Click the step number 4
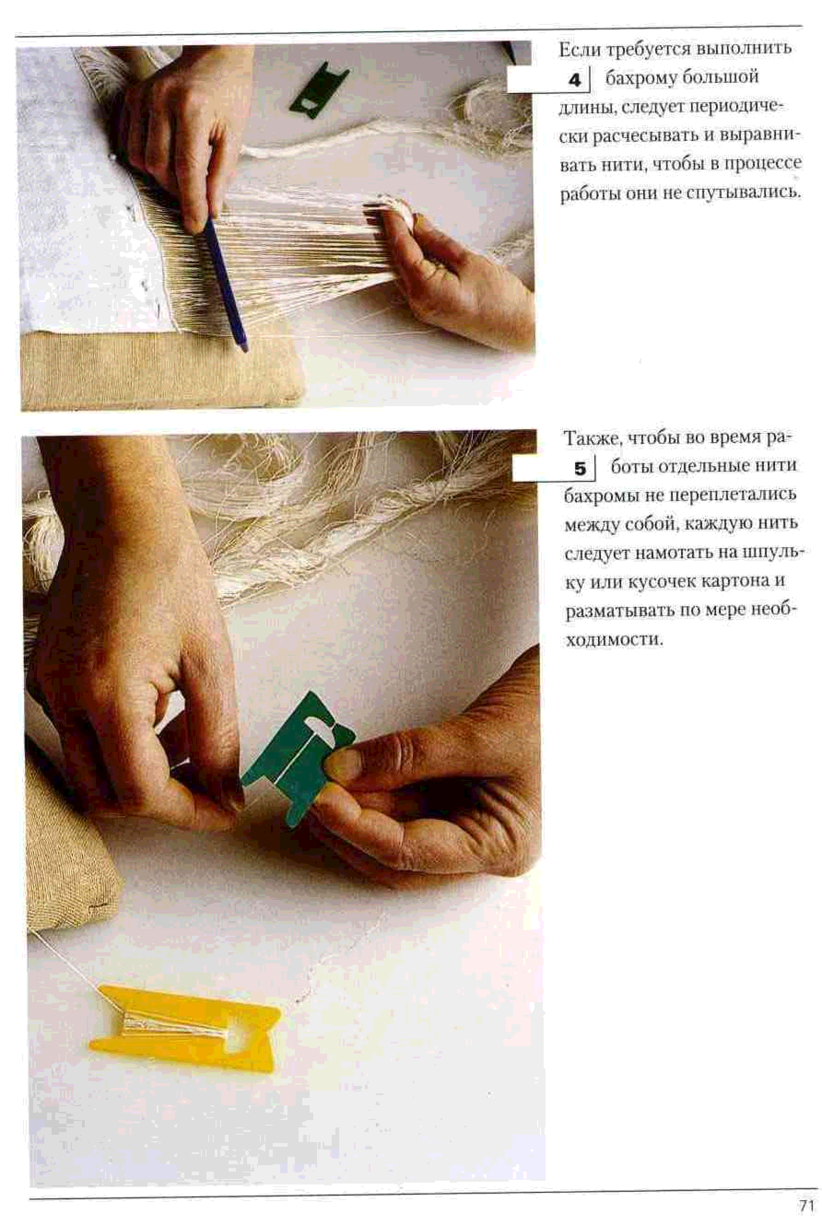[575, 80]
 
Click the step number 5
[580, 468]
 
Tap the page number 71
[806, 1205]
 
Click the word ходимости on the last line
[614, 640]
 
